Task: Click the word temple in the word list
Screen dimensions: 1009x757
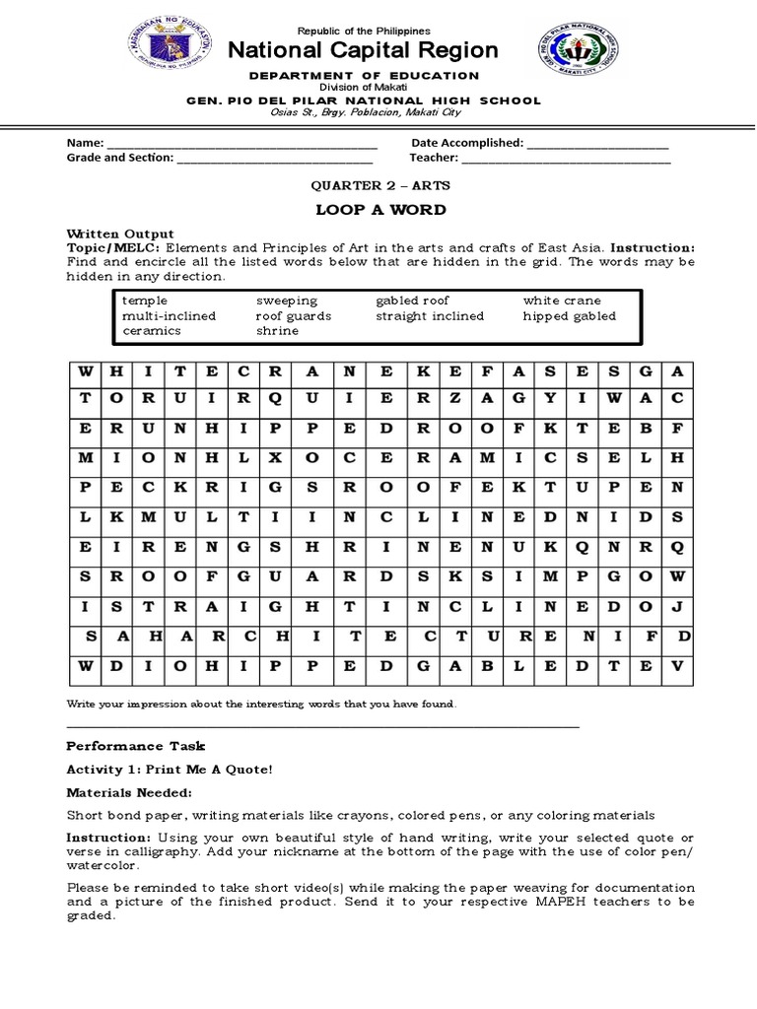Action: pyautogui.click(x=145, y=301)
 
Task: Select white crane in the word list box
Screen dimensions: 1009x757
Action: pyautogui.click(x=562, y=301)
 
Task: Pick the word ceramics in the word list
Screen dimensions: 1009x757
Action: pyautogui.click(x=151, y=332)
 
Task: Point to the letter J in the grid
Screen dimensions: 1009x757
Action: pyautogui.click(x=676, y=607)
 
